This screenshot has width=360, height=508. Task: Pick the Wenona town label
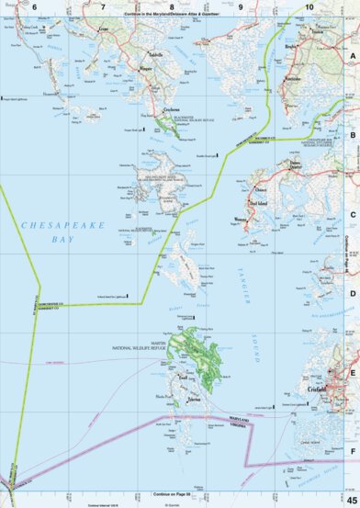click(242, 220)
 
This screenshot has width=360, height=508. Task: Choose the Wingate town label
click(145, 69)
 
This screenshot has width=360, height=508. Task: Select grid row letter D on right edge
click(353, 294)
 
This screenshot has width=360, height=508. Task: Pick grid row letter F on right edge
click(353, 452)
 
